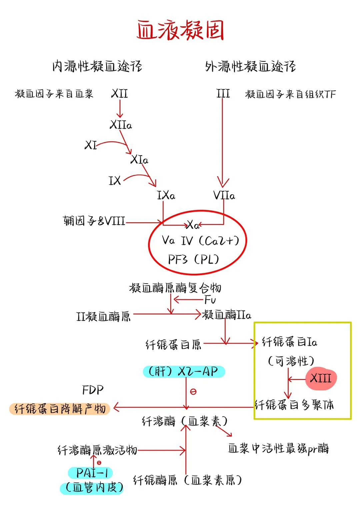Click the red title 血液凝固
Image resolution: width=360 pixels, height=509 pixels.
(180, 30)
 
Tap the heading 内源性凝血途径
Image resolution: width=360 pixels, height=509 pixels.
(97, 66)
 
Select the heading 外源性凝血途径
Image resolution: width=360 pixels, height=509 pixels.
(250, 66)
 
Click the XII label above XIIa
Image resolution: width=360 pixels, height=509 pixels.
(119, 93)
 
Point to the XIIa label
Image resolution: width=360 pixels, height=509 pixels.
(121, 125)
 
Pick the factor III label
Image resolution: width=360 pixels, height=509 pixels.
(223, 93)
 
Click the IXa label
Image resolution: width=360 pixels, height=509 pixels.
(166, 195)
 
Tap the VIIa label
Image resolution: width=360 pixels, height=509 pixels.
(224, 195)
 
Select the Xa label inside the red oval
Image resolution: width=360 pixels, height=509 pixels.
(193, 225)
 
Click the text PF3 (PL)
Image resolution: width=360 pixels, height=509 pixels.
(193, 259)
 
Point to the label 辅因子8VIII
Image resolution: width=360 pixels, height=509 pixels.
(94, 221)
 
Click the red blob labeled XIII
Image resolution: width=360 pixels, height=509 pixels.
(321, 379)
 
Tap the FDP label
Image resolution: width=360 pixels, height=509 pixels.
(93, 390)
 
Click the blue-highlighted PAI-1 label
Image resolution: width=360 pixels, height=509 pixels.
(91, 473)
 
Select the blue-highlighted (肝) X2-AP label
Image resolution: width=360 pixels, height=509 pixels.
(184, 371)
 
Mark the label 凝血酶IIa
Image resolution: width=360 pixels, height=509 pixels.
(226, 315)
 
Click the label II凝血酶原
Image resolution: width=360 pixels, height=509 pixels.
(103, 316)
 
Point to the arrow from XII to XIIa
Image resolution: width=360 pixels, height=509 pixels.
(119, 108)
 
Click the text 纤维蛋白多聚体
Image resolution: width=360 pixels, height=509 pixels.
(294, 405)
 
